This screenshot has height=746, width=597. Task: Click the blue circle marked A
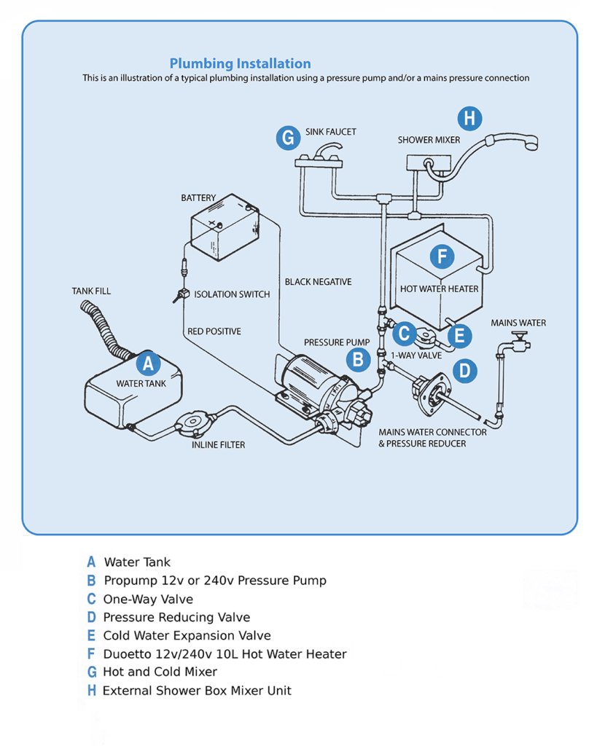tap(148, 364)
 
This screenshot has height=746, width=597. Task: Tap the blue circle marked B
tap(357, 358)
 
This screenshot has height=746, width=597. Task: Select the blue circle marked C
tap(404, 334)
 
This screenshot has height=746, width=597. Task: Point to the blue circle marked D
tap(464, 371)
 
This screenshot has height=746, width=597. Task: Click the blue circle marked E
tap(459, 336)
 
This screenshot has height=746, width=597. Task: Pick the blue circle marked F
tap(442, 256)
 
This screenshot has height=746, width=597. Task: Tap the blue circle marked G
tap(289, 138)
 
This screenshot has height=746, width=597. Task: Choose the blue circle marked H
tap(469, 118)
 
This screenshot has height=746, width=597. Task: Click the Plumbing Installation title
tap(240, 63)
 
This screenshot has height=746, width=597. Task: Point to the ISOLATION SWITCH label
tap(232, 294)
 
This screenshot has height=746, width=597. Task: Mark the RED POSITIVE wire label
tap(214, 331)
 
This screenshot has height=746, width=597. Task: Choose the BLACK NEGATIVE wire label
tap(318, 282)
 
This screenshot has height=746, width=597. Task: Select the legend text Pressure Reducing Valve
tap(176, 617)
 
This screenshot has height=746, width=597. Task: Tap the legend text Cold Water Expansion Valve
tap(187, 635)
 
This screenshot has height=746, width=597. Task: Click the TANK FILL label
tap(91, 291)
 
